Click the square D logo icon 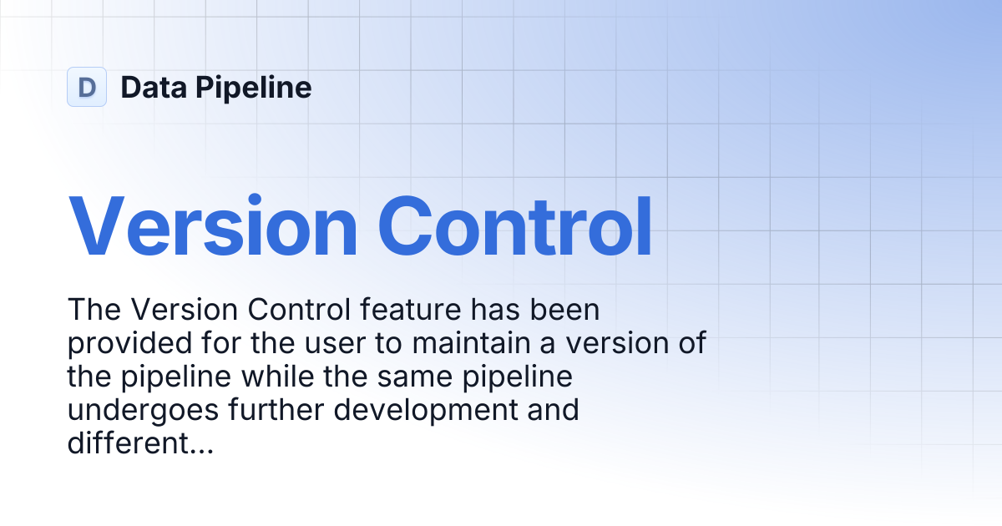[87, 87]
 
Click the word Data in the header [154, 87]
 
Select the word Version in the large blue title [213, 226]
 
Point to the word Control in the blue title [515, 226]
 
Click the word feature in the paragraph [410, 309]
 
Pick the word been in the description [564, 309]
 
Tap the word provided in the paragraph [129, 344]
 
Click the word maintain [471, 342]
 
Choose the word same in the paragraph [415, 377]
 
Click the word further [276, 409]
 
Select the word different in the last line [129, 443]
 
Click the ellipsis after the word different [202, 452]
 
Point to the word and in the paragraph [554, 409]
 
